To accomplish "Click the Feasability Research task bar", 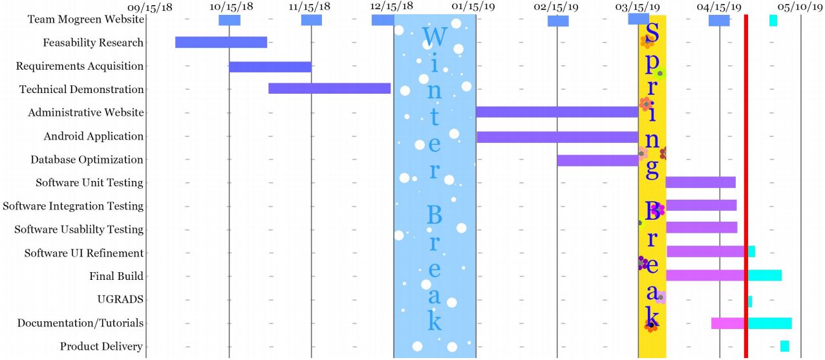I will (x=220, y=43).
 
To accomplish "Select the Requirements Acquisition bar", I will (x=270, y=67).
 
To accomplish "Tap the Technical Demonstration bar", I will (x=329, y=89).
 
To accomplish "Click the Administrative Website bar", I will (x=557, y=112).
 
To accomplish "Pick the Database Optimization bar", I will (x=597, y=160).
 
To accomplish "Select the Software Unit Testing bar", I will (x=700, y=182).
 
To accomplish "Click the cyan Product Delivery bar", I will (x=784, y=346).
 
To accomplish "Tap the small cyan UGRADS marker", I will (x=750, y=301).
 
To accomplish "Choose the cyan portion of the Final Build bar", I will (x=765, y=275).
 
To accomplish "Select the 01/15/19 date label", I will (x=473, y=6).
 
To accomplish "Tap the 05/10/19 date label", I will (x=800, y=6).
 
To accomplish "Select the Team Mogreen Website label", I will (x=85, y=19).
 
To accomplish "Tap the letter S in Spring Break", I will (x=652, y=34).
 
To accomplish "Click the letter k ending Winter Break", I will (x=434, y=321).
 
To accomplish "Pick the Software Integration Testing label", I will (x=73, y=206).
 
